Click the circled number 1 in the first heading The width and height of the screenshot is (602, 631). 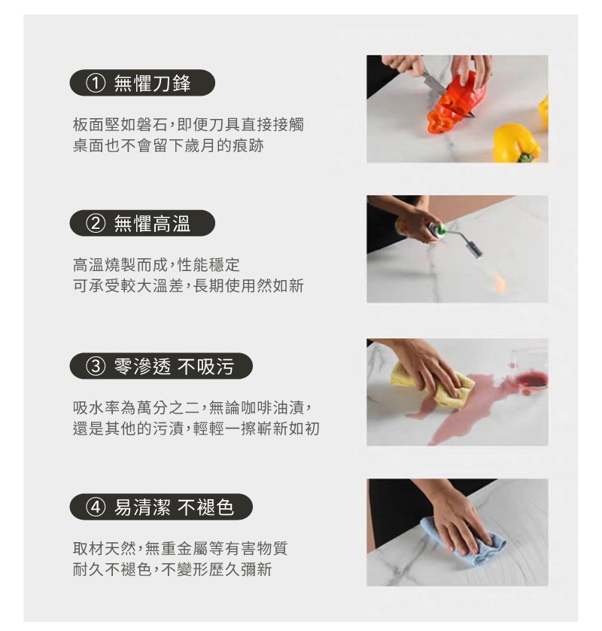click(x=96, y=84)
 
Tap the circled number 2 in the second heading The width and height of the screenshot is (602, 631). click(x=96, y=224)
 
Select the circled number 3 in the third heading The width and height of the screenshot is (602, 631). click(x=96, y=366)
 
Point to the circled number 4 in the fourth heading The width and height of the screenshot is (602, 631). click(x=96, y=507)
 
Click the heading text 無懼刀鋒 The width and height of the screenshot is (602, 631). click(x=153, y=84)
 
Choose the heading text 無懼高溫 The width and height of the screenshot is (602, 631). click(x=153, y=224)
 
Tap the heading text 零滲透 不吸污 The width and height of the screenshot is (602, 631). click(x=174, y=366)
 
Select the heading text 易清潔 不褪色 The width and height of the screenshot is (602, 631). click(x=174, y=507)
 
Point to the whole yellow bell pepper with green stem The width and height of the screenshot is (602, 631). click(x=517, y=143)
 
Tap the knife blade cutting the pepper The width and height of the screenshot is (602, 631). click(x=435, y=84)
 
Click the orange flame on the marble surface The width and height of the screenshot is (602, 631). click(x=499, y=281)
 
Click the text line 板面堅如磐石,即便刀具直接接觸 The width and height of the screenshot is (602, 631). click(x=188, y=125)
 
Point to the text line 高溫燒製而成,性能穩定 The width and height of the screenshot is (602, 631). click(x=156, y=265)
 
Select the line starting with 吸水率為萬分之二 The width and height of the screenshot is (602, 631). click(x=192, y=407)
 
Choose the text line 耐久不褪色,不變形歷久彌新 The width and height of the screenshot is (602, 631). click(x=172, y=569)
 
